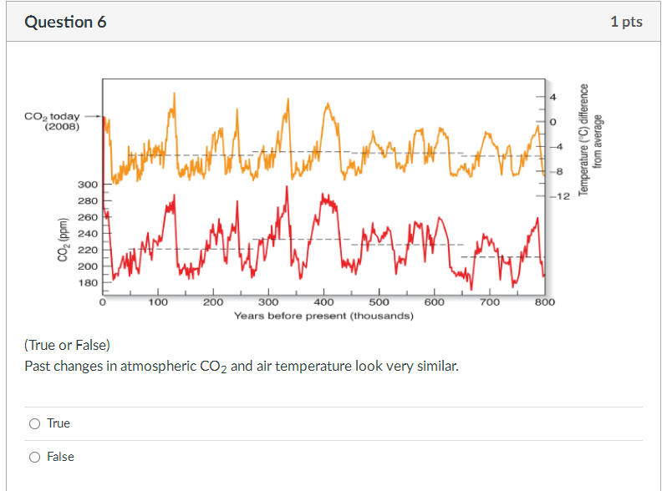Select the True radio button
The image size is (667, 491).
pyautogui.click(x=34, y=423)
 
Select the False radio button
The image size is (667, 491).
pyautogui.click(x=34, y=457)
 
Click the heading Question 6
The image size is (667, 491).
pyautogui.click(x=65, y=22)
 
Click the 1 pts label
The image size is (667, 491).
pyautogui.click(x=626, y=22)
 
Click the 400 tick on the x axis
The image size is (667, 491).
pyautogui.click(x=323, y=302)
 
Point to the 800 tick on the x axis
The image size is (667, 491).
pyautogui.click(x=544, y=302)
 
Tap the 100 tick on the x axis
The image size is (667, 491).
pyautogui.click(x=158, y=302)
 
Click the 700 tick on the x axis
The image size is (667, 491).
pyautogui.click(x=489, y=302)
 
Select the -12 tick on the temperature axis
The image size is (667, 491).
pyautogui.click(x=559, y=195)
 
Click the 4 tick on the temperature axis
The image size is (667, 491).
pyautogui.click(x=552, y=99)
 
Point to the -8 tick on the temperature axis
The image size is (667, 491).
pyautogui.click(x=558, y=171)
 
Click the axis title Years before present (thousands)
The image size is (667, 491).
pyautogui.click(x=323, y=316)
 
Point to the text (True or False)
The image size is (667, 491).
pyautogui.click(x=67, y=345)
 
